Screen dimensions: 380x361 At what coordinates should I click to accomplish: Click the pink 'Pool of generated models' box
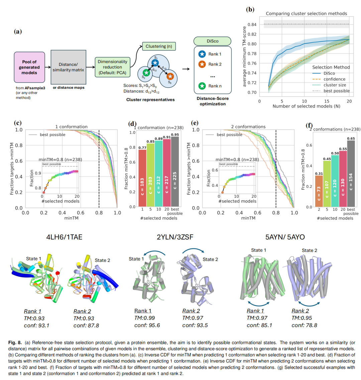29,68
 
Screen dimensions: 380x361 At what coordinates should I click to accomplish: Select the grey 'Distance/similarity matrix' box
68,68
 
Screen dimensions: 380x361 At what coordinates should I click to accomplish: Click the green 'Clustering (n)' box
159,46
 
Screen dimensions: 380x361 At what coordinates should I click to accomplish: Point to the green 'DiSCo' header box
213,41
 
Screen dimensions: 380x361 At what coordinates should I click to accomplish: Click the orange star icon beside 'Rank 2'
202,64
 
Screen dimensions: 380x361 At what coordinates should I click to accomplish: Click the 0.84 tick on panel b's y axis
253,24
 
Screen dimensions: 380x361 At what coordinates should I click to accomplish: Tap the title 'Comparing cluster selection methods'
306,14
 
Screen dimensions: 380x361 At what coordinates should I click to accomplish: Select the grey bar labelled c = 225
175,171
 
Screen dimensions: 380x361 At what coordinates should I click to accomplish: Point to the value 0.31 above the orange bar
319,173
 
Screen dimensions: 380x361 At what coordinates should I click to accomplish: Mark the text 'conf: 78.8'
304,325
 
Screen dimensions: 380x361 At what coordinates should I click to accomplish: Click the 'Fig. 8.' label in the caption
15,343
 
